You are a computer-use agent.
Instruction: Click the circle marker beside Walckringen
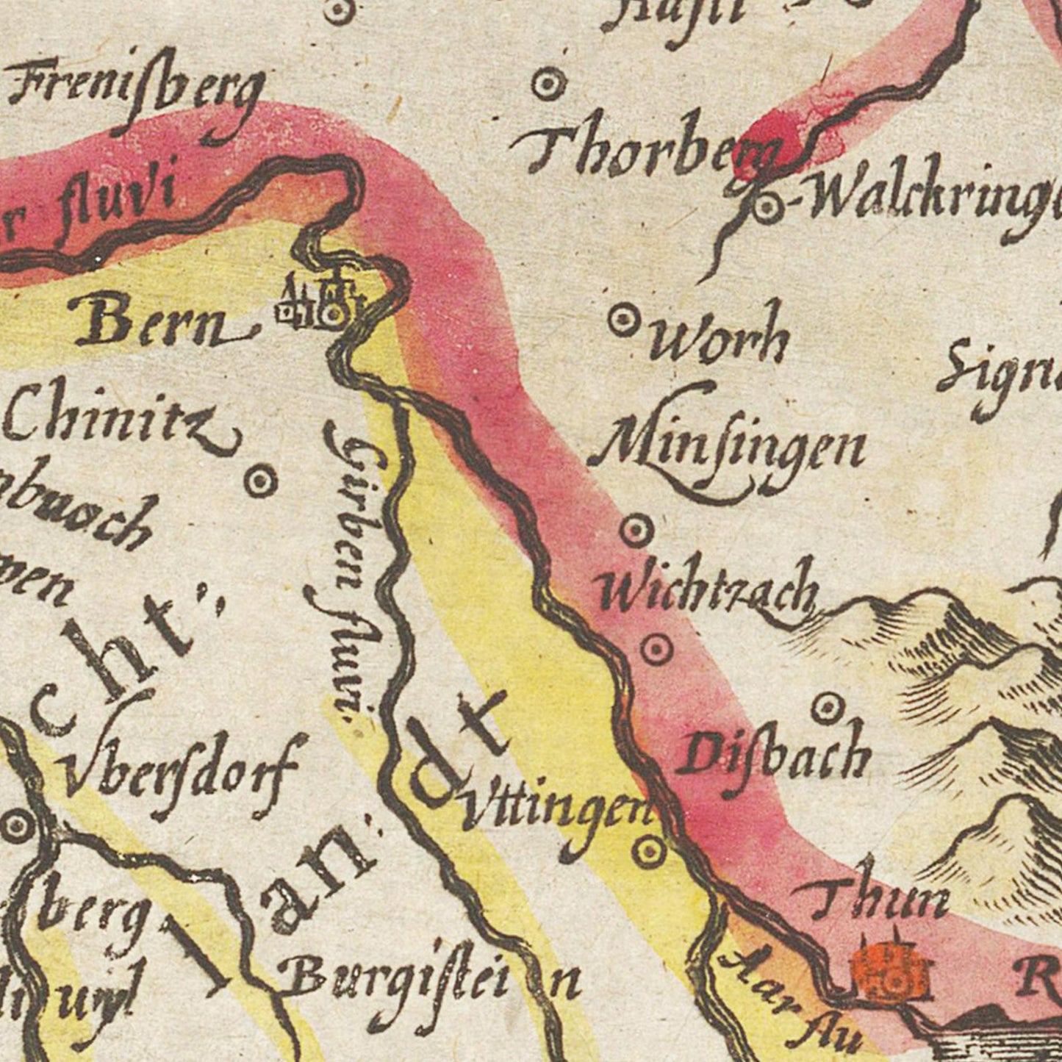pyautogui.click(x=765, y=208)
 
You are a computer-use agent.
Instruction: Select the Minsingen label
pyautogui.click(x=728, y=448)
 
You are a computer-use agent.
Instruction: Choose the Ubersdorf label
pyautogui.click(x=180, y=775)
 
